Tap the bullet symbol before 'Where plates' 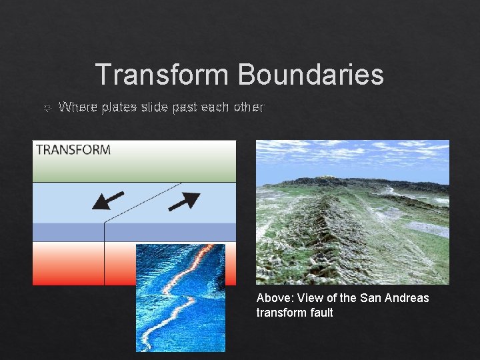46,107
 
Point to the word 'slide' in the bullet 155,107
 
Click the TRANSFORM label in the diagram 73,150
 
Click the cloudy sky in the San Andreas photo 353,157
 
